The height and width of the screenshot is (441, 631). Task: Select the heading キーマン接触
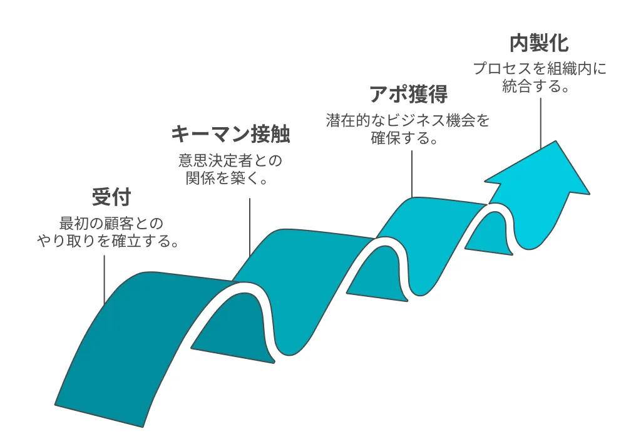(231, 135)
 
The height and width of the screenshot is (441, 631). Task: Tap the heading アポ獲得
(408, 94)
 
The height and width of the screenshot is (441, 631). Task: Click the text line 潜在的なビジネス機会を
(408, 120)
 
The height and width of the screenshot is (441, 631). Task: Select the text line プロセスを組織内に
(540, 69)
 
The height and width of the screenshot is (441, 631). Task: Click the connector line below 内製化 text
(539, 123)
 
